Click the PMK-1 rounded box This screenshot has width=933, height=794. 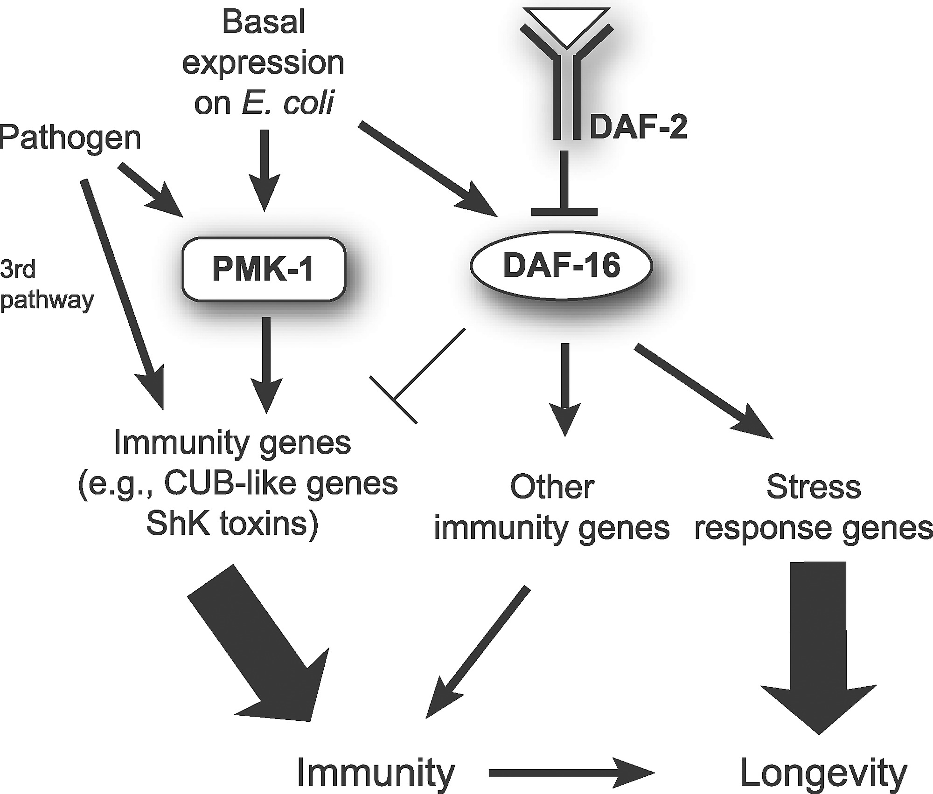click(x=264, y=269)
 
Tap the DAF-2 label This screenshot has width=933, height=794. click(x=638, y=127)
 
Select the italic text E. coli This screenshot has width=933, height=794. click(x=287, y=103)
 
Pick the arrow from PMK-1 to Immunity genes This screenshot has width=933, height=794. click(x=266, y=364)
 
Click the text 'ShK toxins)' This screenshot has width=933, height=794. click(x=232, y=525)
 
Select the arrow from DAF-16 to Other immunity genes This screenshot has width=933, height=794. click(x=565, y=387)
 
